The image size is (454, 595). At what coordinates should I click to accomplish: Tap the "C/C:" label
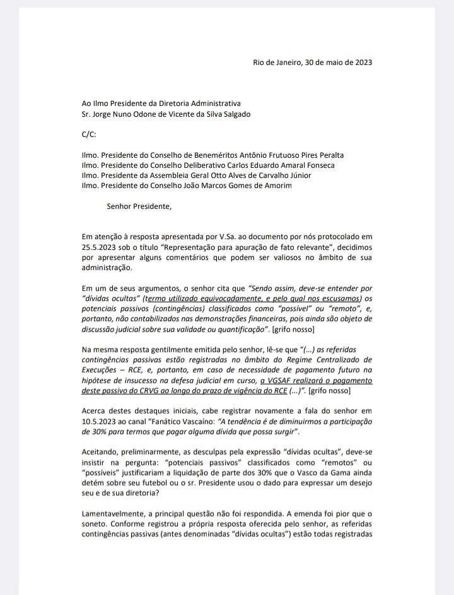[x=91, y=134]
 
